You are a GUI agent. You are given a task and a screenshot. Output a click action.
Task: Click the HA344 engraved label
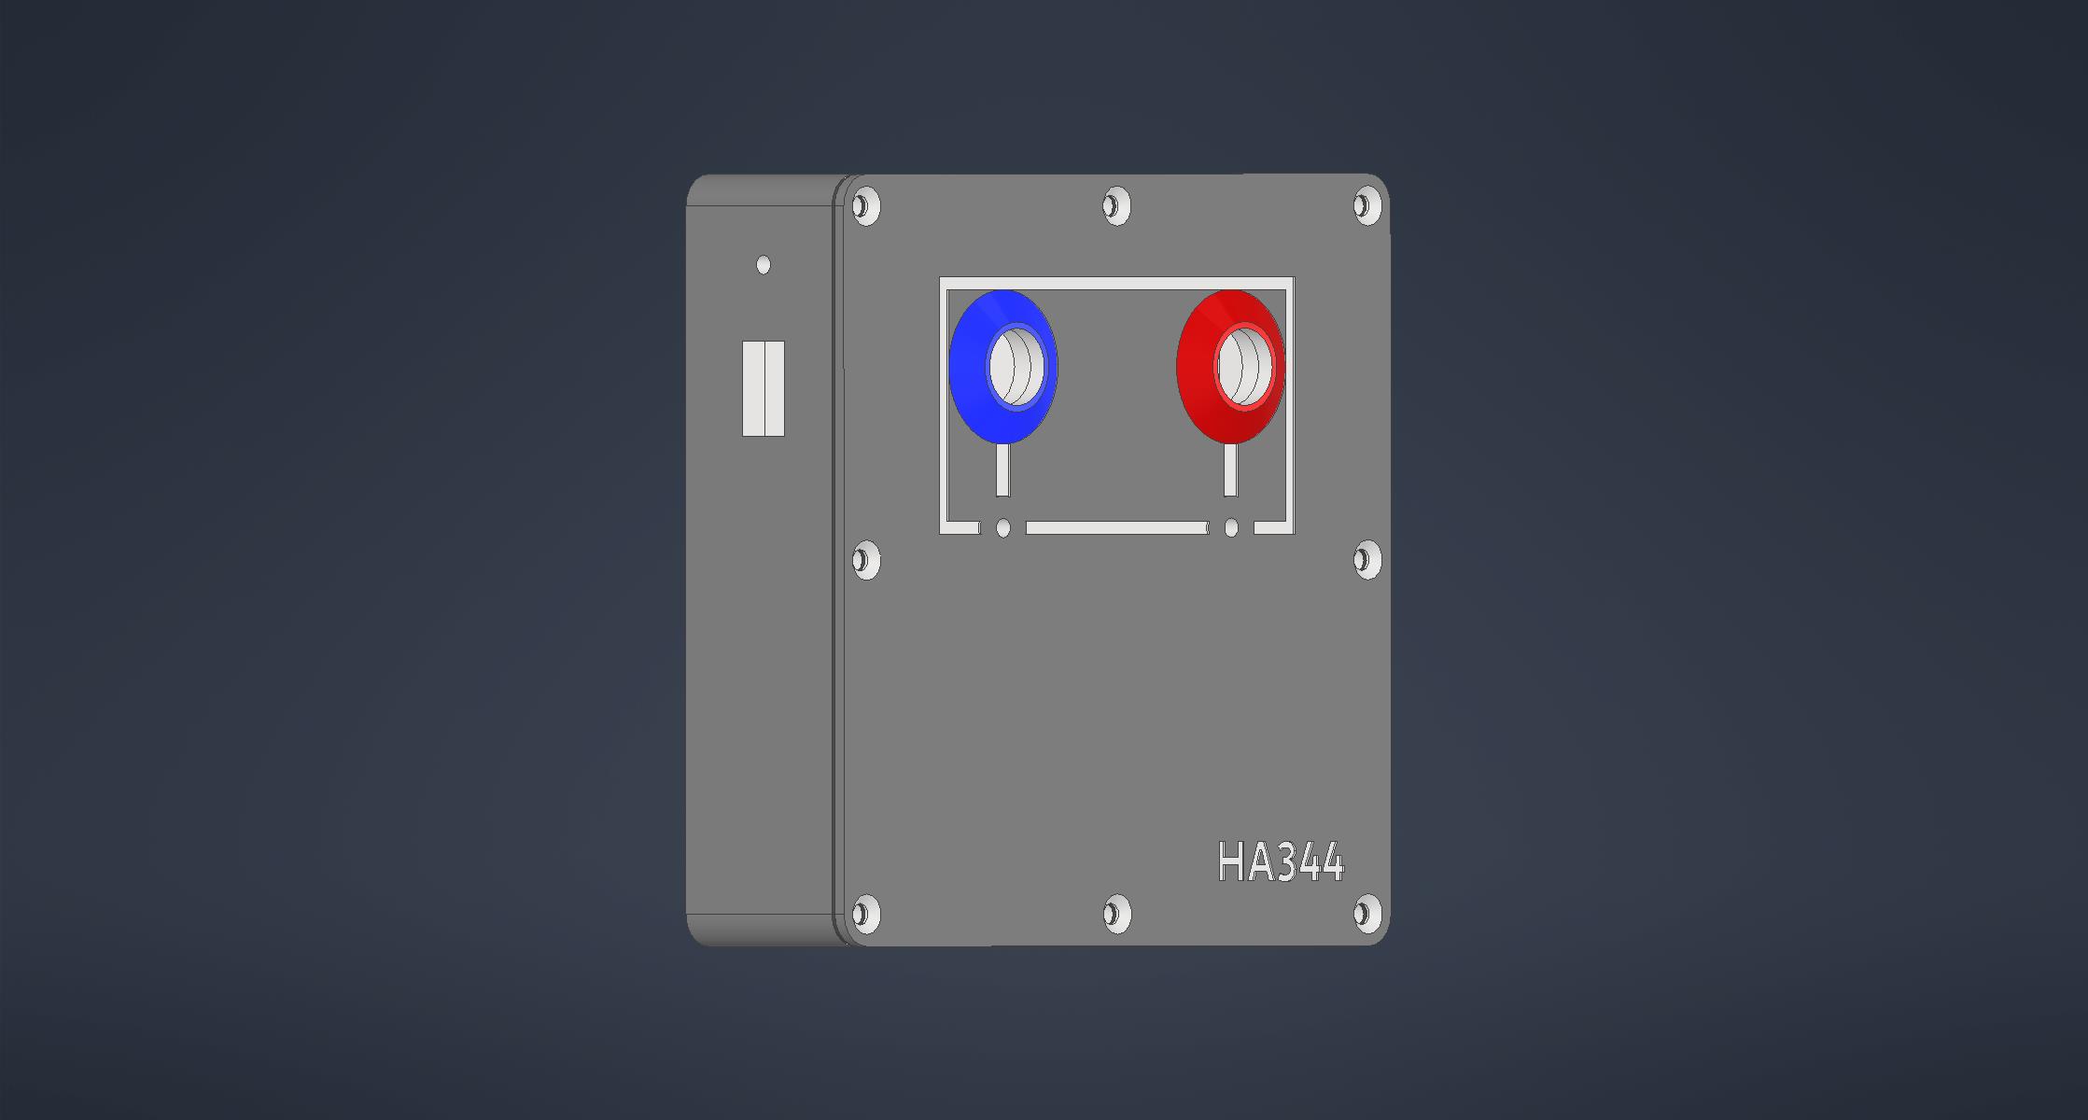click(x=1281, y=861)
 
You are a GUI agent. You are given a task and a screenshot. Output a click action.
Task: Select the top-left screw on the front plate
click(x=866, y=205)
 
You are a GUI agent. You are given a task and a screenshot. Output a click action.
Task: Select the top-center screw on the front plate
click(x=1116, y=205)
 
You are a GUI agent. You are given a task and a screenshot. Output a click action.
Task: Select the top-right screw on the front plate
click(x=1366, y=205)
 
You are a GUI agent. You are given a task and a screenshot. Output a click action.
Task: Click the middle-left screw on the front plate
click(x=866, y=560)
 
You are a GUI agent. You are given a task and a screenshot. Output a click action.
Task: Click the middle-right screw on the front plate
click(x=1366, y=560)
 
